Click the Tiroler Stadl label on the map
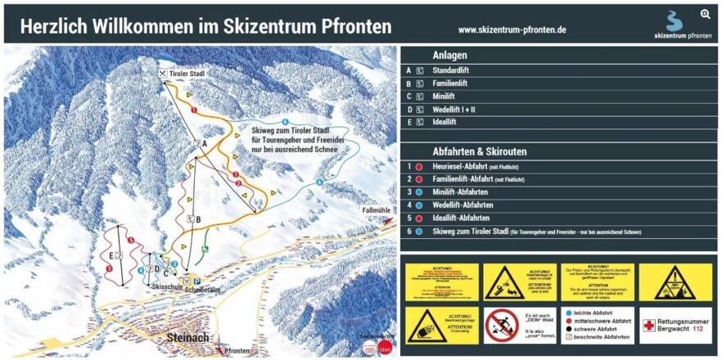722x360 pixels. pyautogui.click(x=186, y=74)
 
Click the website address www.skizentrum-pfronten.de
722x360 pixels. pyautogui.click(x=512, y=29)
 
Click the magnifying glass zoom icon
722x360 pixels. pyautogui.click(x=705, y=14)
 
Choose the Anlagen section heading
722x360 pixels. pyautogui.click(x=449, y=56)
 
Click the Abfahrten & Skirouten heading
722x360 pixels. pyautogui.click(x=479, y=151)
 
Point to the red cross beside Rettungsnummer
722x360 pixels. pyautogui.click(x=648, y=326)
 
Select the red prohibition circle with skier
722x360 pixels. pyautogui.click(x=502, y=326)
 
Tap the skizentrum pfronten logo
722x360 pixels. pyautogui.click(x=683, y=25)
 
